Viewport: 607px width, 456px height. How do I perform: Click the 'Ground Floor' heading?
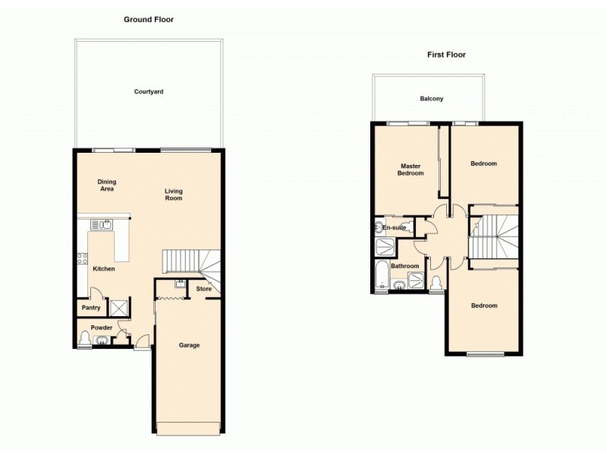149,19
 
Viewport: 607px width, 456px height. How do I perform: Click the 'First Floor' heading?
446,55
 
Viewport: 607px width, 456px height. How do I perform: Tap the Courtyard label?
149,91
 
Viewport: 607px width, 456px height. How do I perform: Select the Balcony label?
431,99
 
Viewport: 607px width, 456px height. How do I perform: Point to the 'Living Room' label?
174,195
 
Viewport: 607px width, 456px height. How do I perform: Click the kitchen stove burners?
83,258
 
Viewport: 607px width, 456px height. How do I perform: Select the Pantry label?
91,308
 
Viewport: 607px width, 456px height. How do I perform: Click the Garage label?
189,345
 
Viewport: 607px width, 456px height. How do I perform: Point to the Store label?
203,289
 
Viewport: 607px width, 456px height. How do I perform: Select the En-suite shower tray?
385,245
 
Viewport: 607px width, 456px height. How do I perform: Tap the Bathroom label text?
405,266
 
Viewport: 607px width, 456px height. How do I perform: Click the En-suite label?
395,227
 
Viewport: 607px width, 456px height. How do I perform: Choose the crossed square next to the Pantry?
118,308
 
